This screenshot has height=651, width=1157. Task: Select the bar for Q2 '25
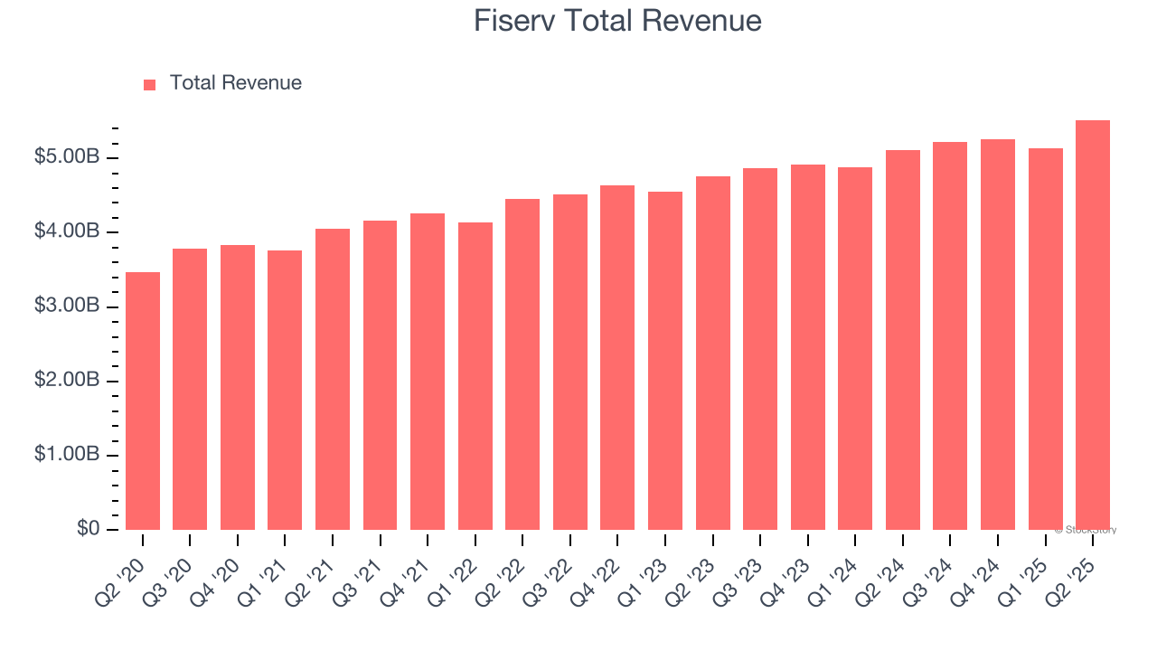(1093, 325)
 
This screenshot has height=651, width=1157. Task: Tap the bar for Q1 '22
(475, 376)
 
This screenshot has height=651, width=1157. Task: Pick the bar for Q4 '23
(808, 347)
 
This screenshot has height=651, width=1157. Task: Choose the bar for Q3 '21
(380, 375)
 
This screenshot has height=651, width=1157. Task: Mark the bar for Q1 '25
(1045, 339)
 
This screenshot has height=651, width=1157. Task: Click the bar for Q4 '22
(617, 357)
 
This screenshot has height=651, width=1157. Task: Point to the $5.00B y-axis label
(67, 157)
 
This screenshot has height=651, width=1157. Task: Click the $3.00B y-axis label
(67, 307)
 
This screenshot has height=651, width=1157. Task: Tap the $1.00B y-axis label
(67, 455)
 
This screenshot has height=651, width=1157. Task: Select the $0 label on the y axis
(88, 529)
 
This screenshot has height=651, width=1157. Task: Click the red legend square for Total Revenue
(150, 84)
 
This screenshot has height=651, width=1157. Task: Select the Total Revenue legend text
(235, 83)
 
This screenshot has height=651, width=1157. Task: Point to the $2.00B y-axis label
(67, 381)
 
